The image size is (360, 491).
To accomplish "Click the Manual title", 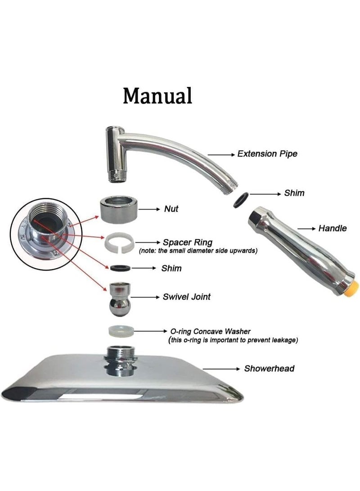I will pyautogui.click(x=157, y=96).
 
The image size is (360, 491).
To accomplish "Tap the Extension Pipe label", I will pyautogui.click(x=267, y=154).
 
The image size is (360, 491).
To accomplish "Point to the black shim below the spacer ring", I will pyautogui.click(x=121, y=268).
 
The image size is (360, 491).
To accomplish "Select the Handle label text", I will pyautogui.click(x=333, y=228).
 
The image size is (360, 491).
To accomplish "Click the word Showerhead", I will pyautogui.click(x=269, y=369).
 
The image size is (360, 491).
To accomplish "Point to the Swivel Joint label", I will pyautogui.click(x=186, y=297).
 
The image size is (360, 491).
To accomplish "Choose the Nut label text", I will pyautogui.click(x=171, y=209).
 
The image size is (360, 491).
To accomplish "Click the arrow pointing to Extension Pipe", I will pyautogui.click(x=221, y=154).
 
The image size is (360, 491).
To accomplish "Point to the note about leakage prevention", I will pyautogui.click(x=233, y=340).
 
